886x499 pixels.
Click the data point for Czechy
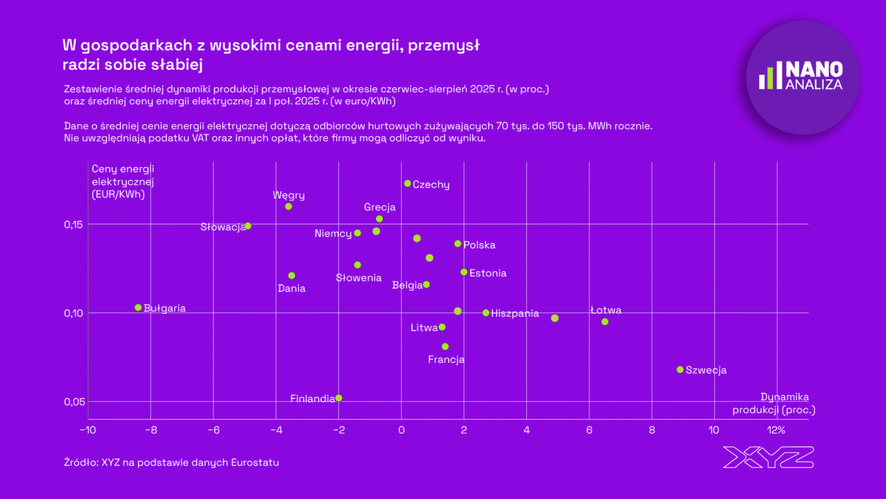[407, 184]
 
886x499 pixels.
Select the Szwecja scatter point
[680, 370]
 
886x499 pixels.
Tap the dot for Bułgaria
[138, 307]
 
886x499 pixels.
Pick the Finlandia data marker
[338, 398]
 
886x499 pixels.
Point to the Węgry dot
[289, 206]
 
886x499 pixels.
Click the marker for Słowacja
[248, 226]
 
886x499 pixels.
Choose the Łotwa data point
[605, 322]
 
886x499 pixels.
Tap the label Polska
[479, 245]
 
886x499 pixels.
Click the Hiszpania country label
[515, 314]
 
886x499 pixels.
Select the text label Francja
[446, 360]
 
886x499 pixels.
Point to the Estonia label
[488, 273]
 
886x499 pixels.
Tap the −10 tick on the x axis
[87, 430]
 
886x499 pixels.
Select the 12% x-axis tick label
[776, 430]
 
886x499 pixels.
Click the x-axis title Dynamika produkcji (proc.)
[773, 404]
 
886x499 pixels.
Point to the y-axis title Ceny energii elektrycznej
[122, 182]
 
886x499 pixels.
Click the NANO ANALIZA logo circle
[802, 77]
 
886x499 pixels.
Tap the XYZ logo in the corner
[768, 457]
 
